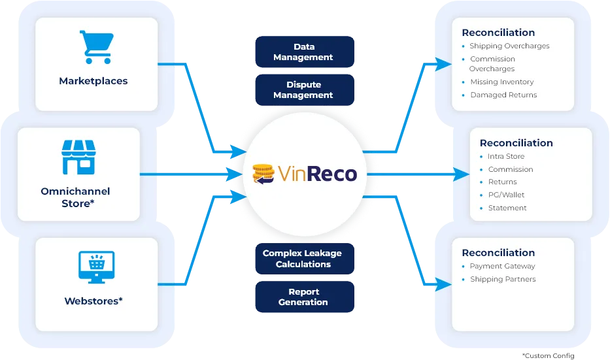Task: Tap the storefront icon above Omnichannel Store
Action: click(x=78, y=157)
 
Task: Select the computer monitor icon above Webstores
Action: click(x=96, y=267)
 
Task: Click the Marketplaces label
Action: click(x=93, y=81)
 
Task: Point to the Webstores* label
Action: click(x=93, y=301)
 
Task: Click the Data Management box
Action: click(x=303, y=52)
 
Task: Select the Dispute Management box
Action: click(x=303, y=90)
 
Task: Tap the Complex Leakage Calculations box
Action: click(x=303, y=259)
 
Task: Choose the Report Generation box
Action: click(x=303, y=297)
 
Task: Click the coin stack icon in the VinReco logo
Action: click(x=263, y=174)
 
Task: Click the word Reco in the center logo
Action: click(x=332, y=174)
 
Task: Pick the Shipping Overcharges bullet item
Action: click(x=509, y=46)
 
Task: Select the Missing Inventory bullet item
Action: click(x=501, y=82)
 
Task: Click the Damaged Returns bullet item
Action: click(x=503, y=95)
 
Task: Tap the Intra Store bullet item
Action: click(x=506, y=156)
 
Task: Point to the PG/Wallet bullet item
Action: click(x=506, y=195)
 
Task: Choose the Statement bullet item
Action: click(x=507, y=208)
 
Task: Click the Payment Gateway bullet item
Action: click(x=502, y=266)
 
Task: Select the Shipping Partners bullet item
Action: click(x=502, y=279)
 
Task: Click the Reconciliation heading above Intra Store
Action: click(x=516, y=142)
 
